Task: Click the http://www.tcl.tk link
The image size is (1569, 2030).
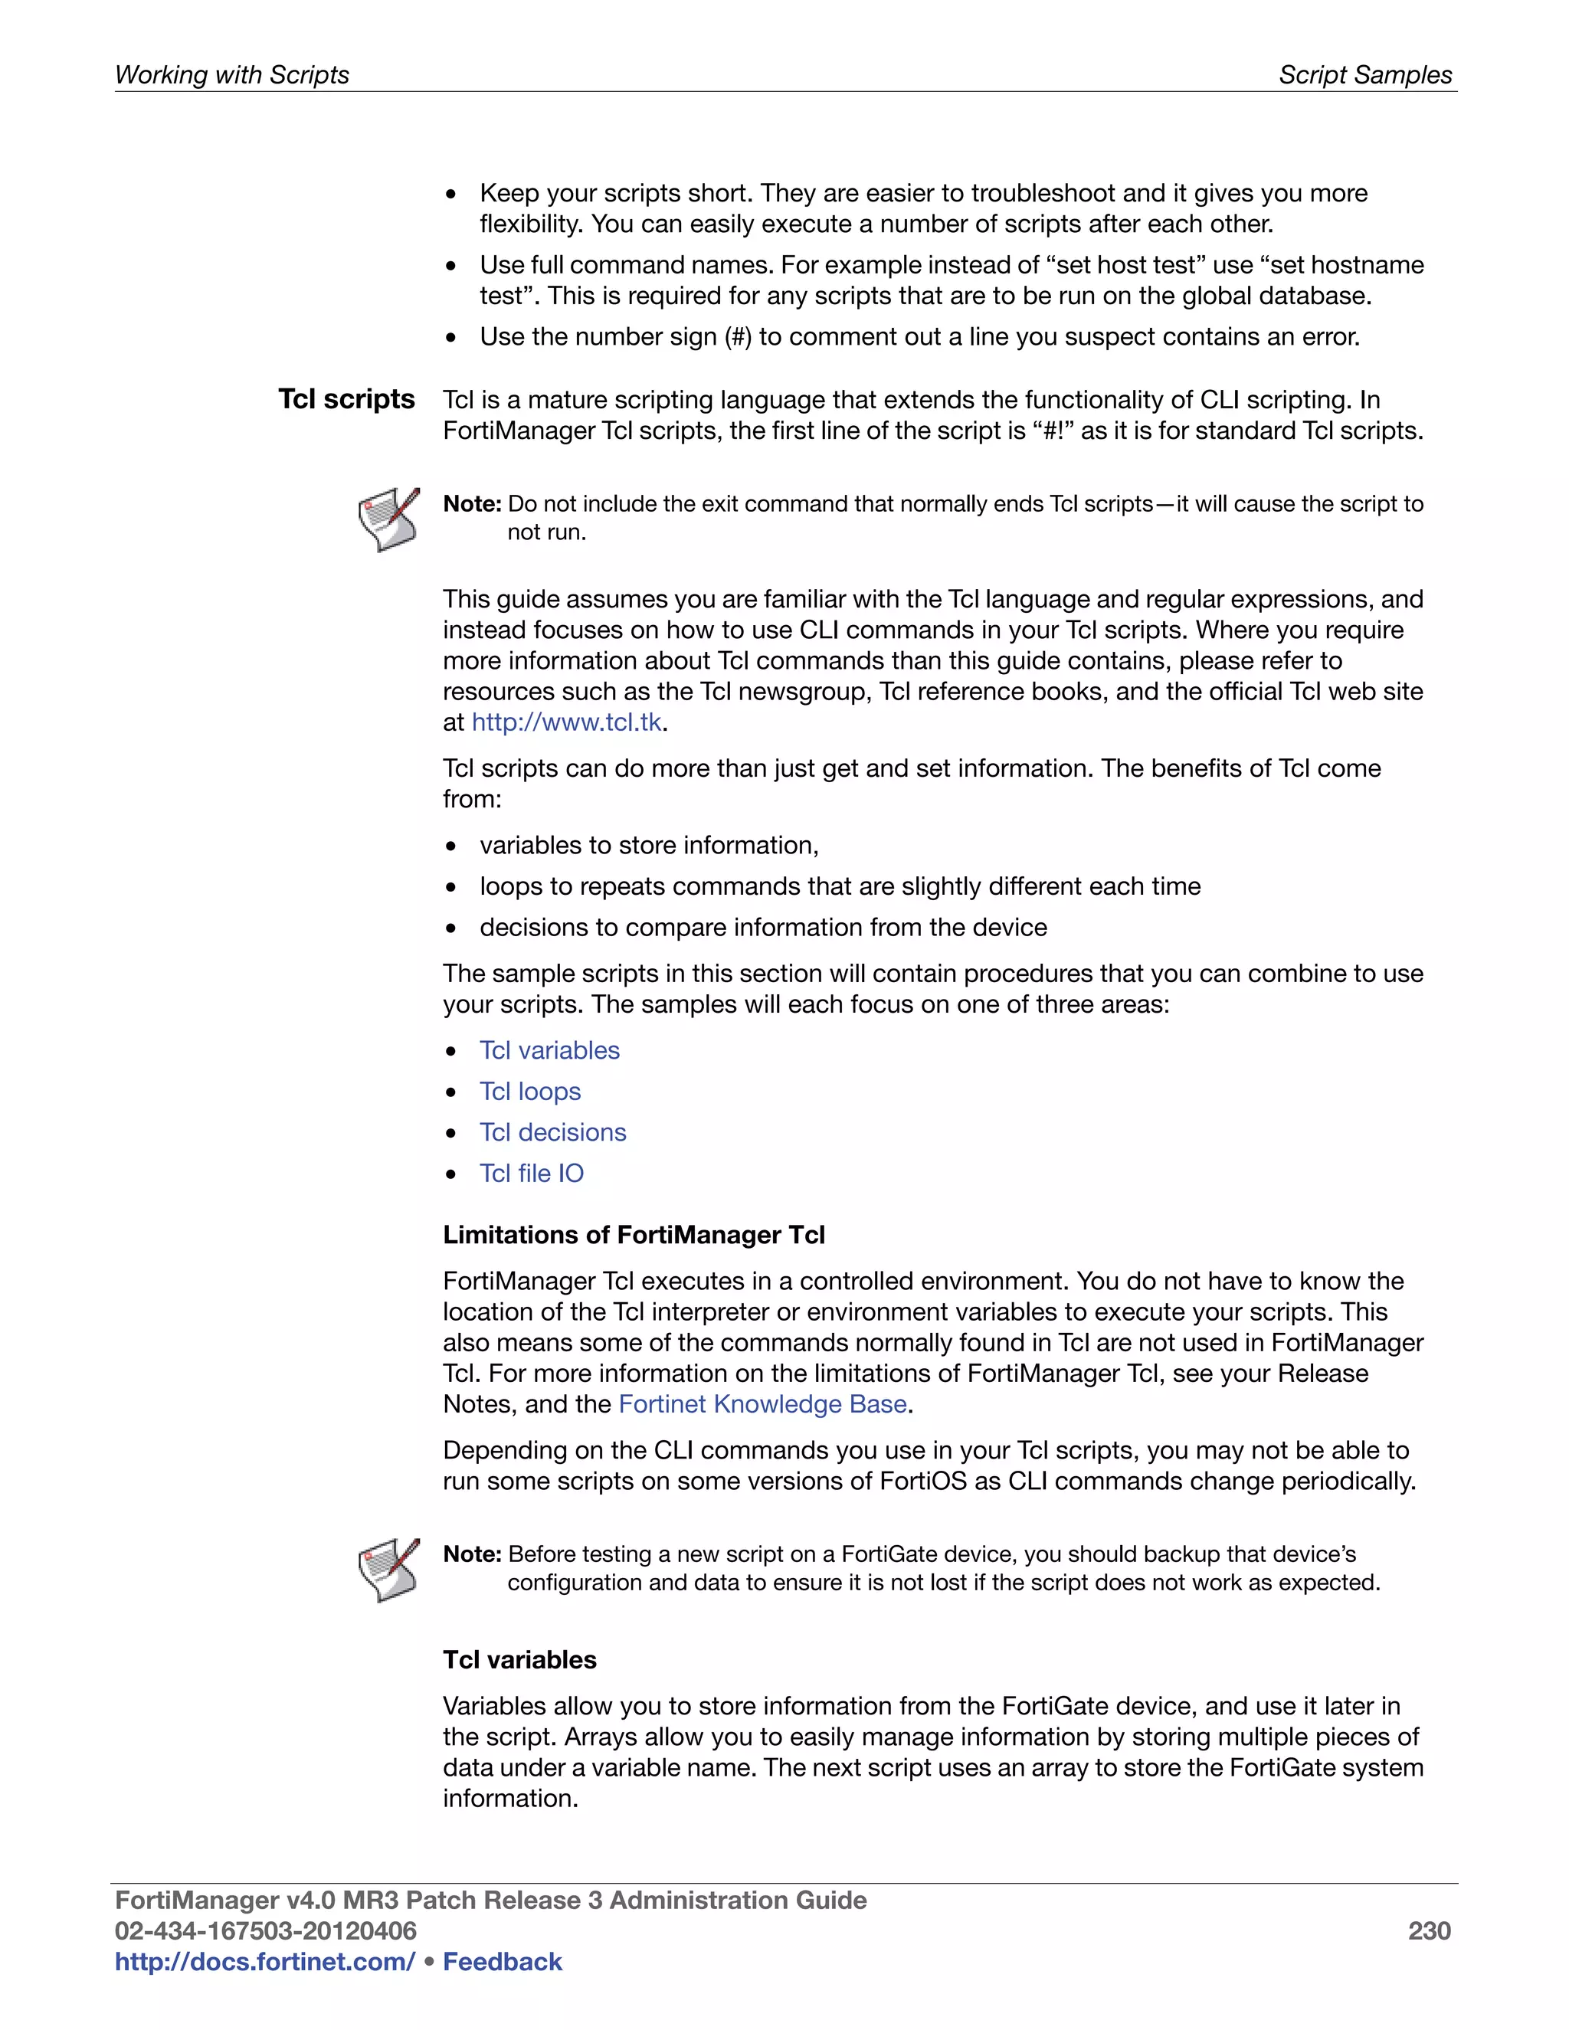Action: tap(566, 722)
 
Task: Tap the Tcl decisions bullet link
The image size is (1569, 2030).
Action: tap(552, 1132)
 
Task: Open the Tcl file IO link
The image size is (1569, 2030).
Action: tap(531, 1173)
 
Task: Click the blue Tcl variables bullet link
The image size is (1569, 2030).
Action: tap(549, 1050)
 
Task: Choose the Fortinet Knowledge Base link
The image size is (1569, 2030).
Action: tap(762, 1403)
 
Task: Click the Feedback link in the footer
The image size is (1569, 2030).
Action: tap(502, 1961)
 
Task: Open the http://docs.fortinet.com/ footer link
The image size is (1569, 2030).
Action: tap(265, 1961)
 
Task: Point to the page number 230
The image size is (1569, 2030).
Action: tap(1429, 1930)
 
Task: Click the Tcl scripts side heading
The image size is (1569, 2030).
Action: tap(347, 399)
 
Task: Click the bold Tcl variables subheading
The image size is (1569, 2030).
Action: tap(519, 1659)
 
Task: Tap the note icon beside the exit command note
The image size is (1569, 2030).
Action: tap(388, 519)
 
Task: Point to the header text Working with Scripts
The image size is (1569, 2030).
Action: tap(231, 74)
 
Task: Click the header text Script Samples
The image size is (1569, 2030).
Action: tap(1364, 74)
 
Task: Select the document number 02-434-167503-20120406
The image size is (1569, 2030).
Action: tap(266, 1930)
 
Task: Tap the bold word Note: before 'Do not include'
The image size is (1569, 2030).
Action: tap(472, 504)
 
